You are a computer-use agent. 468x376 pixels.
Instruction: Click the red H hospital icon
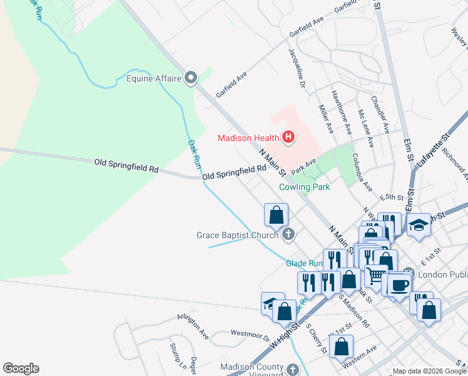coord(288,137)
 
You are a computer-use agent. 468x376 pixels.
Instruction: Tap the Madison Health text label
coord(248,138)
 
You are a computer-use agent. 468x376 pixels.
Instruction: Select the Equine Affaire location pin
coord(191,78)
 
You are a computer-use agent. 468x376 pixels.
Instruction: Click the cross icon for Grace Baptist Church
coord(288,235)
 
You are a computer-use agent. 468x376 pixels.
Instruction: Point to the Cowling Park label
coord(304,187)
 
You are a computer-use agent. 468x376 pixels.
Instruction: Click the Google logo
coord(21,368)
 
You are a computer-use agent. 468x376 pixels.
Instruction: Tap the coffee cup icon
coord(399,284)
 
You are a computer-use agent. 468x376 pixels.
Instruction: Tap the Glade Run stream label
coord(304,263)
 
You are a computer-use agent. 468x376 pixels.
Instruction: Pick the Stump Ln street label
coord(174,355)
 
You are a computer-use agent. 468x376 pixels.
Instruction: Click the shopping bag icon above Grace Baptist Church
coord(276,216)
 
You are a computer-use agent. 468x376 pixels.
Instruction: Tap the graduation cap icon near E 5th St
coord(418,225)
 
